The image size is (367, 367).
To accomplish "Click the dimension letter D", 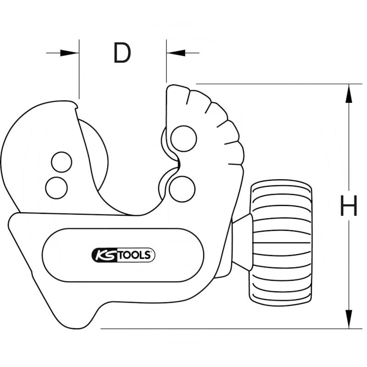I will point(122,54).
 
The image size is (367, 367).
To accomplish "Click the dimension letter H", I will point(349,206).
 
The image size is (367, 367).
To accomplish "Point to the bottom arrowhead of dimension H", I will point(349,319).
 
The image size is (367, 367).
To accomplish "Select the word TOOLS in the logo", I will point(135,256).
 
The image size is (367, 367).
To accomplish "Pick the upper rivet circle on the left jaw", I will point(61,162).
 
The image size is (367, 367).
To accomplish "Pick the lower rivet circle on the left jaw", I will point(56,187).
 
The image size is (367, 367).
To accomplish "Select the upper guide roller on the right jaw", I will point(183,138).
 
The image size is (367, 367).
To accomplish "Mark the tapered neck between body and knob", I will point(242,241).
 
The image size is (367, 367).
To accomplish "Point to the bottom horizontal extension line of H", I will point(220,328).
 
